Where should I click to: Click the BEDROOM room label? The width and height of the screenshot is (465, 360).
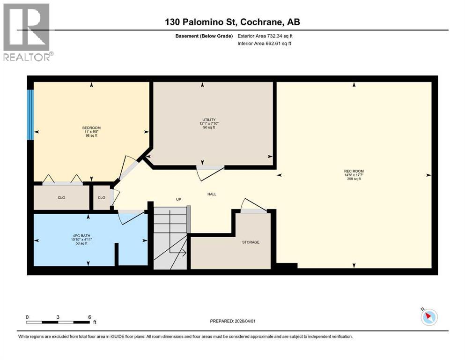point(91,128)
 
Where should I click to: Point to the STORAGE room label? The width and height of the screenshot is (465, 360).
point(251,242)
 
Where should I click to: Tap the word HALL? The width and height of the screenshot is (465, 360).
point(212,194)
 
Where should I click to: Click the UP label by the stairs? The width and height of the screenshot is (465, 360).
point(178,199)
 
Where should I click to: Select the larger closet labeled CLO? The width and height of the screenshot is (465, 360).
point(61,198)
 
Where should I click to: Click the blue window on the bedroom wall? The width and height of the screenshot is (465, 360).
point(30,114)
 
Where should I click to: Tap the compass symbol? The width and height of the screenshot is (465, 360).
point(429,317)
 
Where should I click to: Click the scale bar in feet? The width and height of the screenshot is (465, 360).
point(58,322)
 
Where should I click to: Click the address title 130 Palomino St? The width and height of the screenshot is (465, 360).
point(232,22)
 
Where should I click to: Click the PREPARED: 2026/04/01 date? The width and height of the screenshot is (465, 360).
point(233,321)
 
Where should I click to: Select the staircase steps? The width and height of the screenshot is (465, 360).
point(170,239)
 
